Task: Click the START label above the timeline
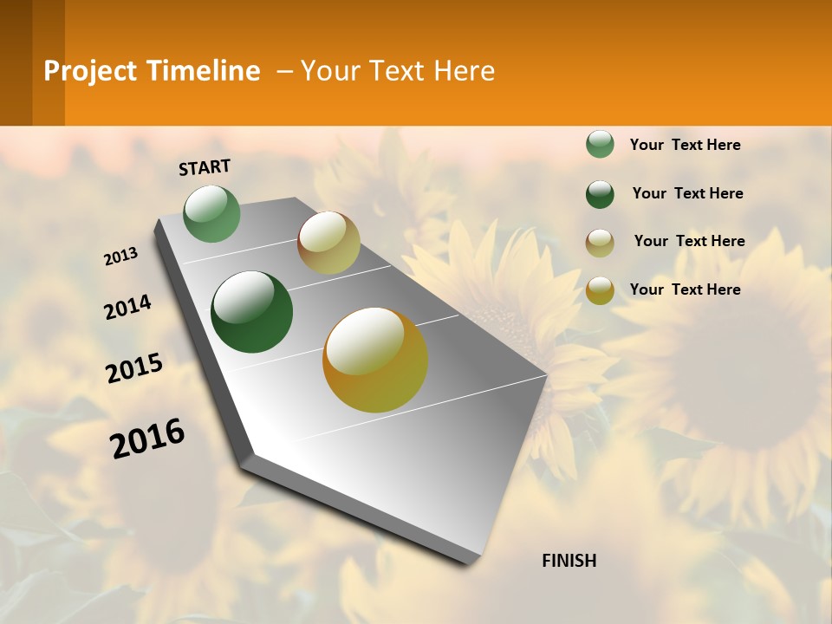click(205, 167)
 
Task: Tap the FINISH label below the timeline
click(569, 561)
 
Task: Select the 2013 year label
click(121, 257)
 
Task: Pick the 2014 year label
click(127, 308)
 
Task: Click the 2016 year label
click(147, 439)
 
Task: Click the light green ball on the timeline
click(211, 214)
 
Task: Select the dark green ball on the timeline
click(251, 312)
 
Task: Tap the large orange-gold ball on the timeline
click(375, 360)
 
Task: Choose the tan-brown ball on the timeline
click(328, 243)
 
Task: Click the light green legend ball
click(600, 145)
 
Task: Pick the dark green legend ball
click(600, 194)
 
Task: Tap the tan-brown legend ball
click(600, 243)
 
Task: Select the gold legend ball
click(600, 290)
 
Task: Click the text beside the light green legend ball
click(685, 145)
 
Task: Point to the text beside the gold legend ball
click(685, 289)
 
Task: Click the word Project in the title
click(90, 71)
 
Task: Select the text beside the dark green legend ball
click(687, 193)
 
